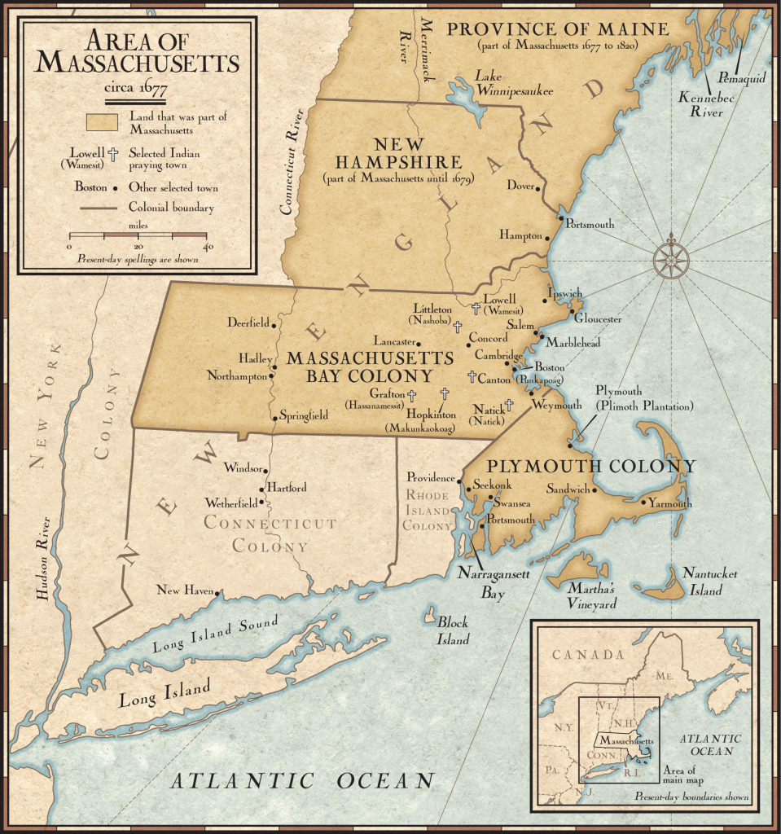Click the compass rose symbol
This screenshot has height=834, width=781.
[670, 260]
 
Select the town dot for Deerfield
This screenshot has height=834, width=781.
[274, 324]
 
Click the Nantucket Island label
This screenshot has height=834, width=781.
[710, 582]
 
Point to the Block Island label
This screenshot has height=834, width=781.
[454, 630]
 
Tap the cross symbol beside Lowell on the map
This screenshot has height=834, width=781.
[476, 309]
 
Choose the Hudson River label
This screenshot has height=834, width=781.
[43, 559]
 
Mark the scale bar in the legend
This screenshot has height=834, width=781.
[138, 235]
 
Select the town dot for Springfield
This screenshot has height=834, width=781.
[274, 419]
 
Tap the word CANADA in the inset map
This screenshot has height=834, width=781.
[587, 655]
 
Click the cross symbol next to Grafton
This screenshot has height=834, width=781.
[412, 395]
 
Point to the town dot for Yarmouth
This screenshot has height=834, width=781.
[643, 503]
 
